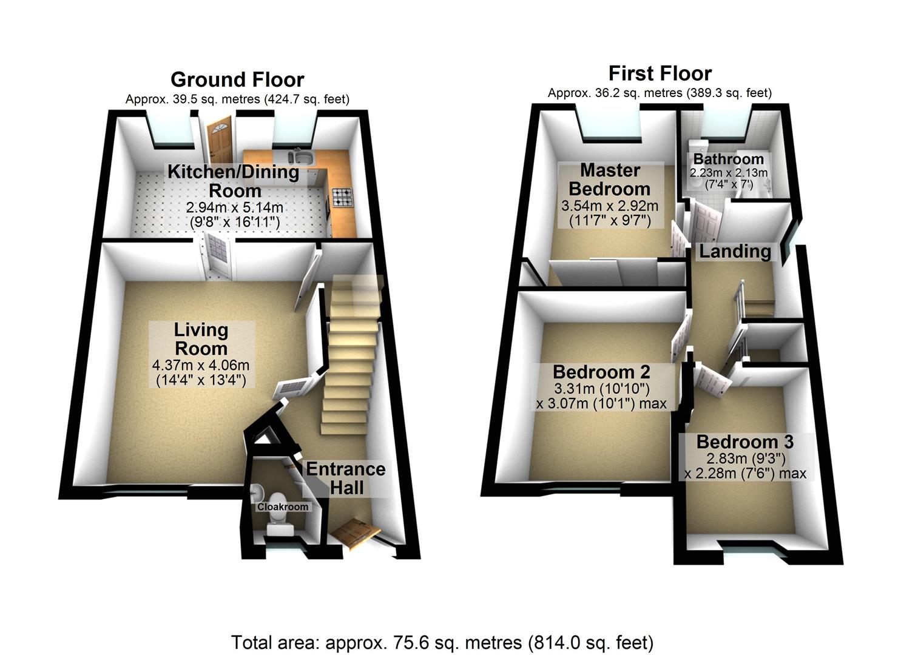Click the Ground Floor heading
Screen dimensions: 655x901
237,79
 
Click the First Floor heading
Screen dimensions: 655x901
660,73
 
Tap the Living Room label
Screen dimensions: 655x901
201,339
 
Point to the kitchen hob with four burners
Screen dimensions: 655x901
342,196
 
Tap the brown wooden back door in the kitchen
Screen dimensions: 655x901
216,142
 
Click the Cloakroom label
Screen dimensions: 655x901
283,506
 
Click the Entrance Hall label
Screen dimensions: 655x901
346,478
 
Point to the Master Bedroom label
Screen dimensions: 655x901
609,179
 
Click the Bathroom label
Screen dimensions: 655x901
728,159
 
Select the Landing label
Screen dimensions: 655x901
735,251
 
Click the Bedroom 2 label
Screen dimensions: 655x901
601,371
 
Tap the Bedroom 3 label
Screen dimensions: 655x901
744,442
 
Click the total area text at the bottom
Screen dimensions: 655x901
442,642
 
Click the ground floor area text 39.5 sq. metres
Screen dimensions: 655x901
237,99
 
